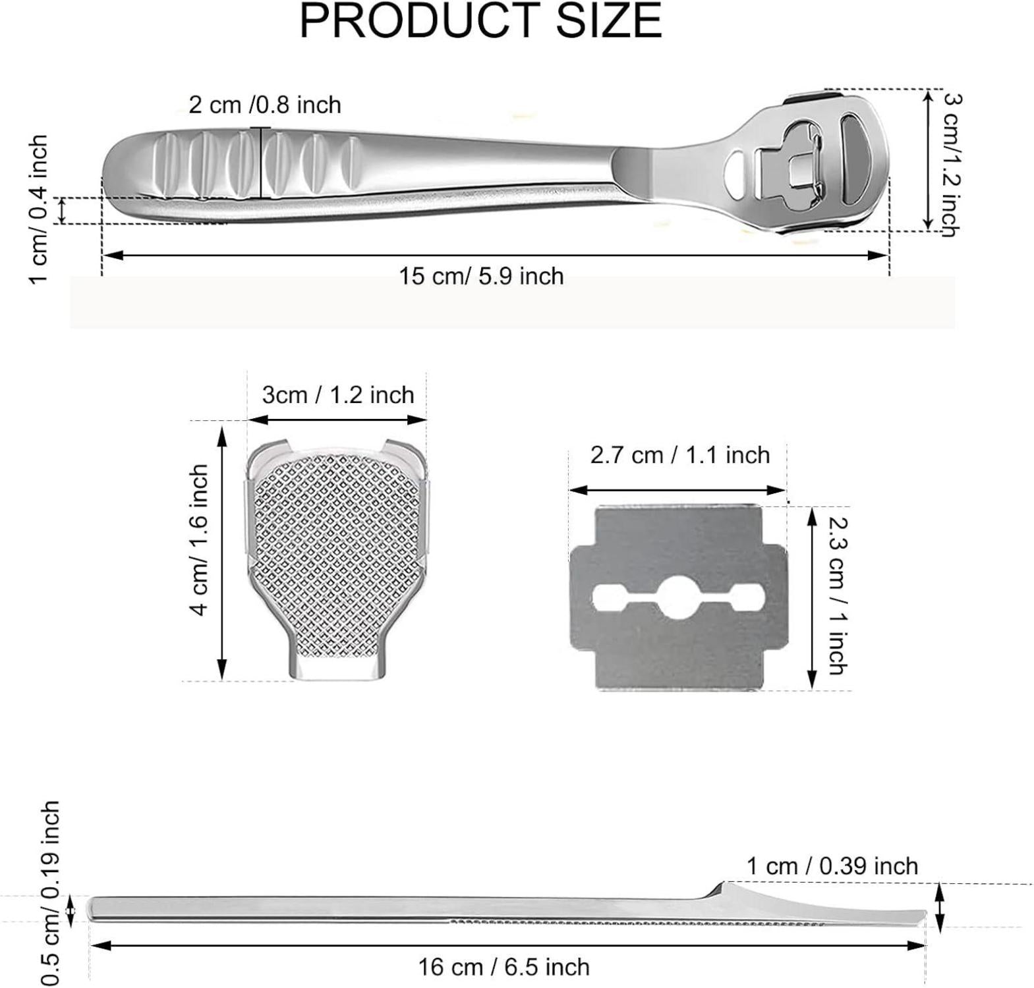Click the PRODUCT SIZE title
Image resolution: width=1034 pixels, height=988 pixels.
click(x=480, y=21)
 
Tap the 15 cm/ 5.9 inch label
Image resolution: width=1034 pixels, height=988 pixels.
click(x=481, y=275)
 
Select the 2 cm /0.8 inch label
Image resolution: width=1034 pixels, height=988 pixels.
click(x=265, y=105)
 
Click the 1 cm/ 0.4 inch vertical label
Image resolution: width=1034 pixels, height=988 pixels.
click(x=39, y=209)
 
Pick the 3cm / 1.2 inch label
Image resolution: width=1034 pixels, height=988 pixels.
click(x=338, y=395)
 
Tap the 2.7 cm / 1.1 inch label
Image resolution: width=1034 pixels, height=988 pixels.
click(x=679, y=454)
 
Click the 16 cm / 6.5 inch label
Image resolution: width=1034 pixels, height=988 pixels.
click(x=504, y=967)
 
